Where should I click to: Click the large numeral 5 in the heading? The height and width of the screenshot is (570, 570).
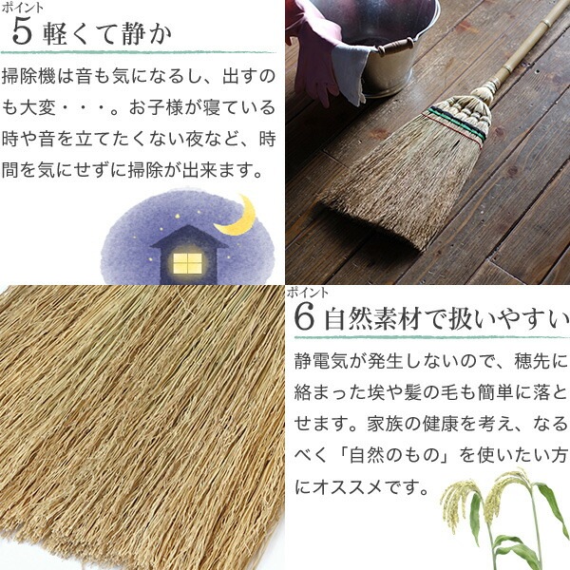pyautogui.click(x=22, y=32)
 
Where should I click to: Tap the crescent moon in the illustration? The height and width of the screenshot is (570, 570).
pyautogui.click(x=237, y=216)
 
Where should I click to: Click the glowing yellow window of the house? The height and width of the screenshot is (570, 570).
pyautogui.click(x=187, y=263)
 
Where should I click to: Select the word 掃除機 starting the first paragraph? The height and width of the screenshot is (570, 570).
pyautogui.click(x=28, y=76)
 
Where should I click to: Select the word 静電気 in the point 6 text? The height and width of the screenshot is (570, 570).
pyautogui.click(x=321, y=361)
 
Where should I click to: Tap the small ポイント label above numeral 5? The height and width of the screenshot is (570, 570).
pyautogui.click(x=23, y=8)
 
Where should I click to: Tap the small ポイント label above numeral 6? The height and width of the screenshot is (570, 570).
pyautogui.click(x=308, y=293)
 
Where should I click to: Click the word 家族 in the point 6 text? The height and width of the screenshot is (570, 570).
pyautogui.click(x=385, y=424)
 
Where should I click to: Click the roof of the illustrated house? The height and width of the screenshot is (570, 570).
pyautogui.click(x=189, y=237)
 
